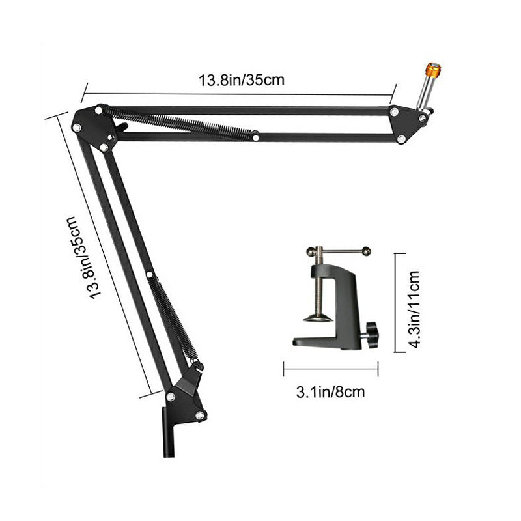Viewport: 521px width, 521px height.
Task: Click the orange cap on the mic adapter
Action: pyautogui.click(x=433, y=70)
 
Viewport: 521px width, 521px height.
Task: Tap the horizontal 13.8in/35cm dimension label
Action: pyautogui.click(x=242, y=80)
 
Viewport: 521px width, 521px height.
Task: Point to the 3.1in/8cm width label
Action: pyautogui.click(x=331, y=392)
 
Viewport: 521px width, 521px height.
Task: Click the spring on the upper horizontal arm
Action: pyautogui.click(x=180, y=124)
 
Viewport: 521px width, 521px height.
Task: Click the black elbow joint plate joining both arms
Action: pyautogui.click(x=94, y=127)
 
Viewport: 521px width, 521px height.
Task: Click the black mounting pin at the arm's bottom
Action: pyautogui.click(x=169, y=432)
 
